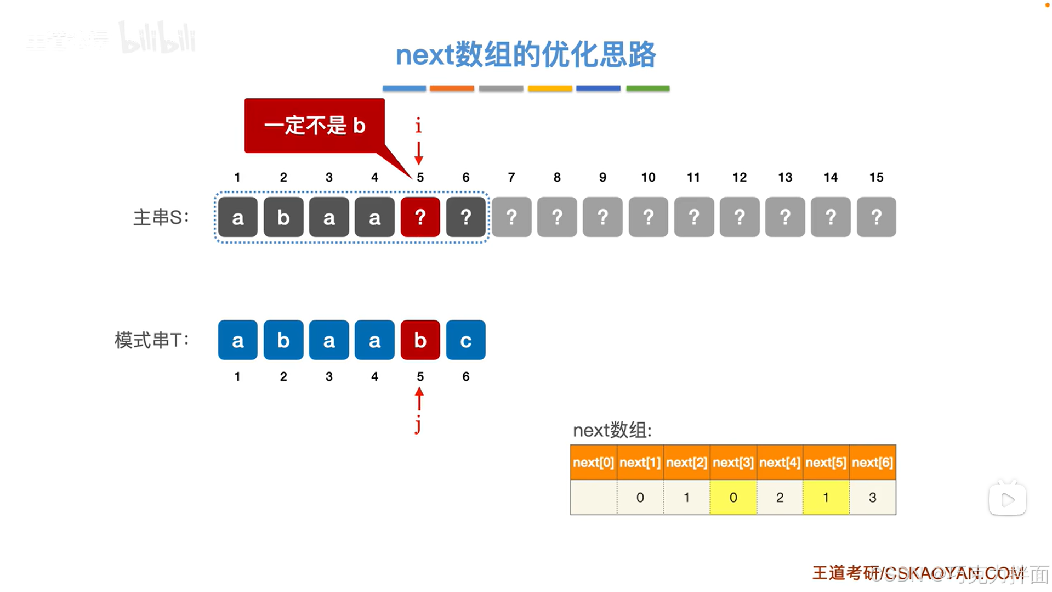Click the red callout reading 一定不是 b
tap(314, 126)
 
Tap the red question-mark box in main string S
tap(420, 217)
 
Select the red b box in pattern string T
tap(420, 340)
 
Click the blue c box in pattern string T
tap(465, 340)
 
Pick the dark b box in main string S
tap(283, 217)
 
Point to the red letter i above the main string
tap(418, 126)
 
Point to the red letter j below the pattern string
tap(418, 425)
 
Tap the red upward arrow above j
tap(419, 399)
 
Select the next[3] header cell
tap(733, 463)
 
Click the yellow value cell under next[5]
tap(826, 498)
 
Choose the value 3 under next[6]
tap(872, 498)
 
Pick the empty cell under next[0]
tap(593, 498)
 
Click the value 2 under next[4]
tap(780, 498)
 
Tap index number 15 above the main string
tap(876, 177)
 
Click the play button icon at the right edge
tap(1007, 499)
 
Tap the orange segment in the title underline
tap(452, 88)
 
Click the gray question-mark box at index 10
tap(648, 217)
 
